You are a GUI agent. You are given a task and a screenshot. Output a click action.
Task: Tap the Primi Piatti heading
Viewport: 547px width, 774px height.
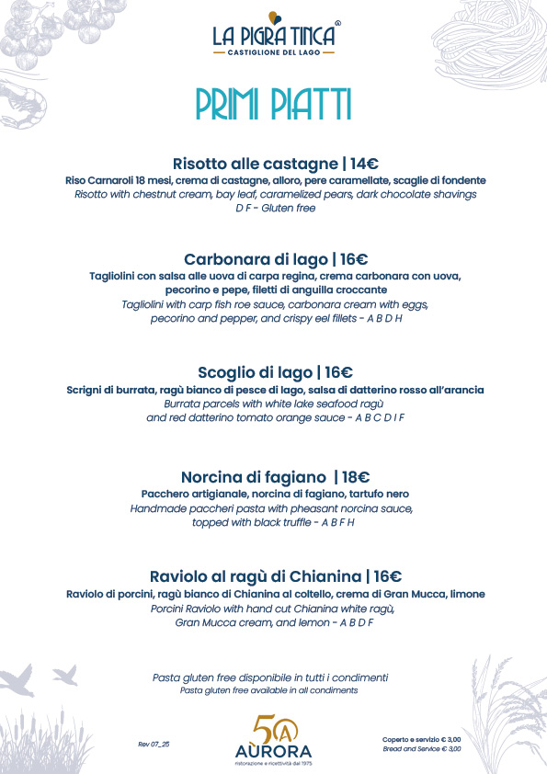(x=273, y=103)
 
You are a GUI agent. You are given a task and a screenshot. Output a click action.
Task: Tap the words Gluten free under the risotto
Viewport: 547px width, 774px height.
(x=287, y=209)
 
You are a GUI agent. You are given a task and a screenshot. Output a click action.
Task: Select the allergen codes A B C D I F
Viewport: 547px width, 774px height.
(x=374, y=417)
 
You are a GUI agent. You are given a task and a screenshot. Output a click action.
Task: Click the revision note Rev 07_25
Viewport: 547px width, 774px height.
(x=154, y=743)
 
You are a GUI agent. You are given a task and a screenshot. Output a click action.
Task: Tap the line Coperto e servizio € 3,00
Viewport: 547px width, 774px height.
(x=421, y=738)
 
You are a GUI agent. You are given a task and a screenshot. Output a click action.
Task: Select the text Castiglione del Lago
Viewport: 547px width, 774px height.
(x=273, y=53)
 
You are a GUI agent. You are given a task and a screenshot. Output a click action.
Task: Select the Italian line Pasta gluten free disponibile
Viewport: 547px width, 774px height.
(x=270, y=677)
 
